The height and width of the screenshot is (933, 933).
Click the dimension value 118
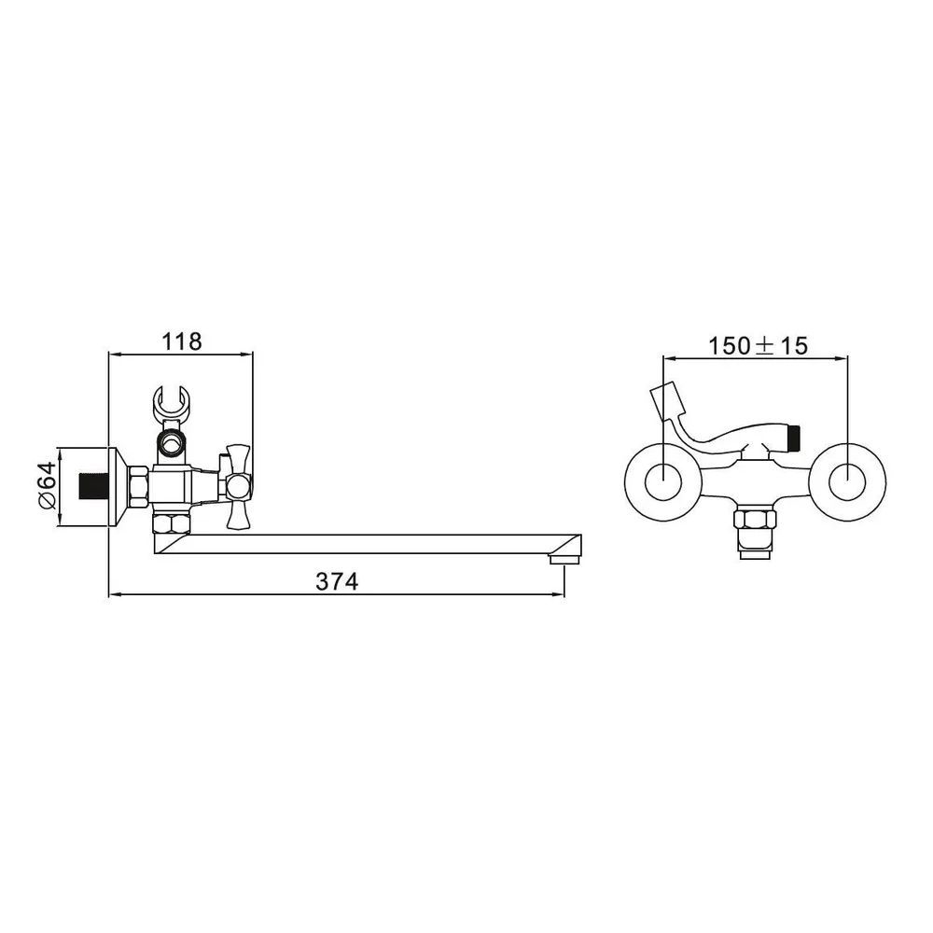[x=182, y=341]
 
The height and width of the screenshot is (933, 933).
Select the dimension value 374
[x=337, y=580]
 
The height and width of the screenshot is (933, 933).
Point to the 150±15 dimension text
[x=758, y=346]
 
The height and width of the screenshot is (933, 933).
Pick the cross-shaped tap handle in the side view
[x=237, y=485]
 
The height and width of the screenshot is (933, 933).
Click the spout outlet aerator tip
[x=564, y=560]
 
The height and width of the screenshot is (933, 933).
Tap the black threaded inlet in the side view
[x=92, y=485]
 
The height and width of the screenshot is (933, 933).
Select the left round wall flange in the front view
[x=662, y=480]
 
